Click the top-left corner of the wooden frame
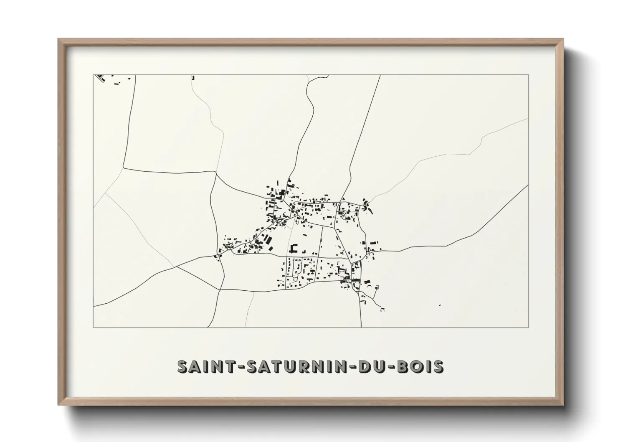(x=58, y=39)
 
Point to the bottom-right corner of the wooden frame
(x=563, y=405)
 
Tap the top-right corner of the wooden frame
(x=563, y=39)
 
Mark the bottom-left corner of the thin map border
(x=94, y=327)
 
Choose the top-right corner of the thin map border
(x=529, y=75)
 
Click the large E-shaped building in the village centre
(x=294, y=249)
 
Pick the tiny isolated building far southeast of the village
(x=440, y=305)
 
